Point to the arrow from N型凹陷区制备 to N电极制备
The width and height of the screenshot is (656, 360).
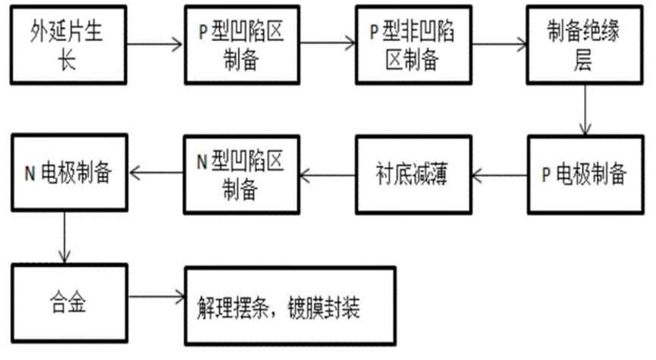coord(156,174)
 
